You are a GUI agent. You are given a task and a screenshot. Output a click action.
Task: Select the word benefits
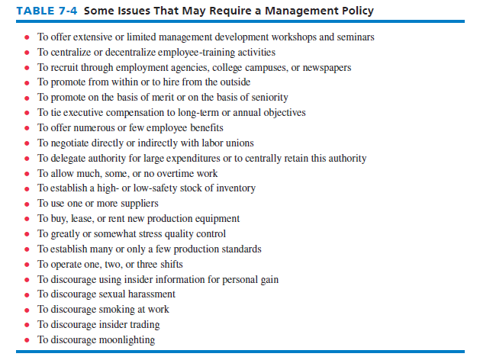click(199, 128)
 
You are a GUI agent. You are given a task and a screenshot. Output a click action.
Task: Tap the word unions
click(237, 143)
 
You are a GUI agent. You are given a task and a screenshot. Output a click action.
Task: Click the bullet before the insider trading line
click(27, 325)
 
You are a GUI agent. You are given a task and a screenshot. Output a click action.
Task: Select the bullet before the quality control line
click(27, 234)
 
